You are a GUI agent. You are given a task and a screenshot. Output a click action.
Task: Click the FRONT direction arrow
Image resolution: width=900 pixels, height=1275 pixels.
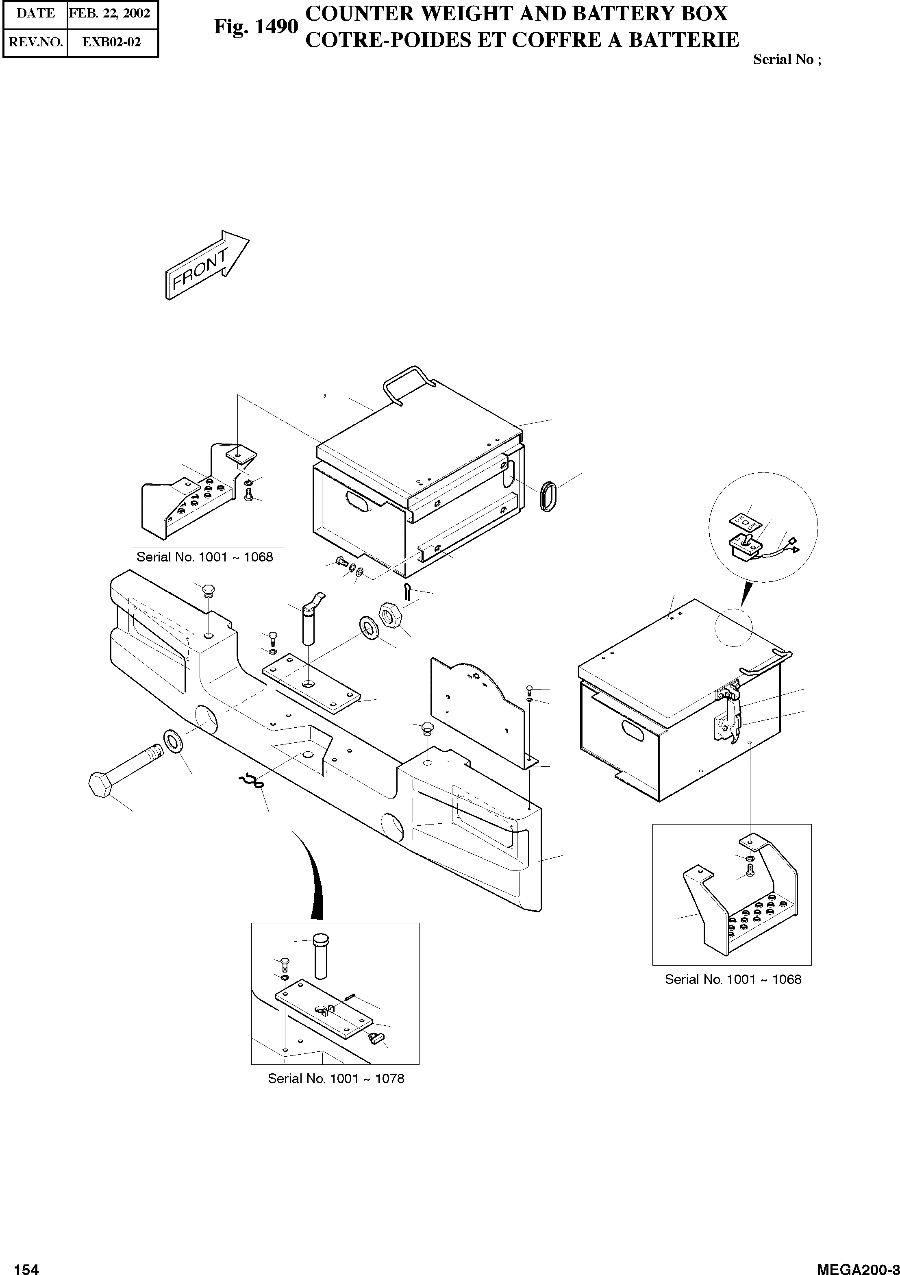207,266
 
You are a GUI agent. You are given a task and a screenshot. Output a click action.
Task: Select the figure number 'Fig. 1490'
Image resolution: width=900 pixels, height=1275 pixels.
256,26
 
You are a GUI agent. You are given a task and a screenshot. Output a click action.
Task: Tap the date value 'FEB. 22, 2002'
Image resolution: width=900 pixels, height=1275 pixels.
110,13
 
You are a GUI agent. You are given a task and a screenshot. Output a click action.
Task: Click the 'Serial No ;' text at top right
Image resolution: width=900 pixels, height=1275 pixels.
786,59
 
